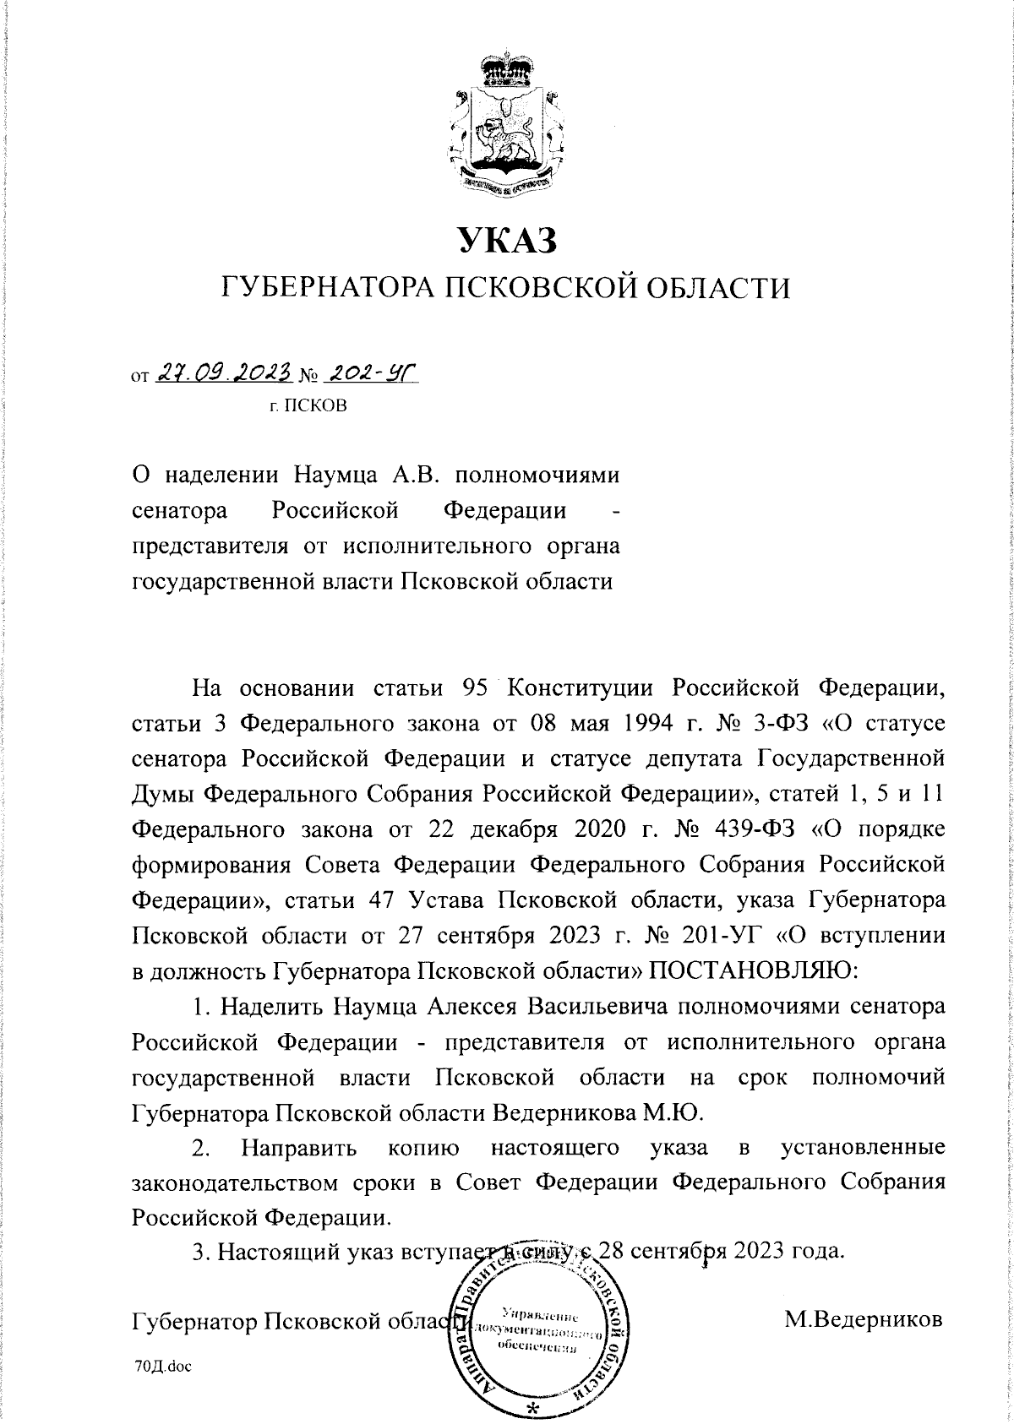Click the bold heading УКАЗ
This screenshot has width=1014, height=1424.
pyautogui.click(x=506, y=241)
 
